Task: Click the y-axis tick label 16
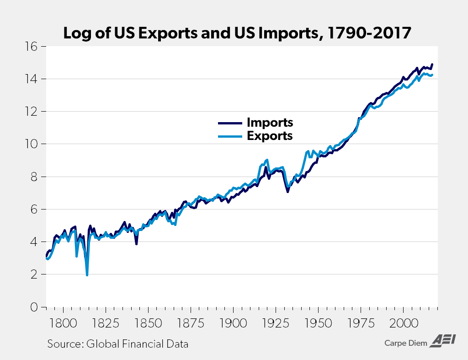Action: [33, 47]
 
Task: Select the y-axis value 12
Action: [33, 112]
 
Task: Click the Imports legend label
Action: [270, 123]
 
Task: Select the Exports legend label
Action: [270, 136]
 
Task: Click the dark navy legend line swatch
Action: [229, 123]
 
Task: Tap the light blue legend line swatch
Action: [229, 136]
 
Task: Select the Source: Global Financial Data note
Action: [118, 344]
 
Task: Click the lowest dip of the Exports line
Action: [87, 275]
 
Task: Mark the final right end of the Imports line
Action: [432, 64]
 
